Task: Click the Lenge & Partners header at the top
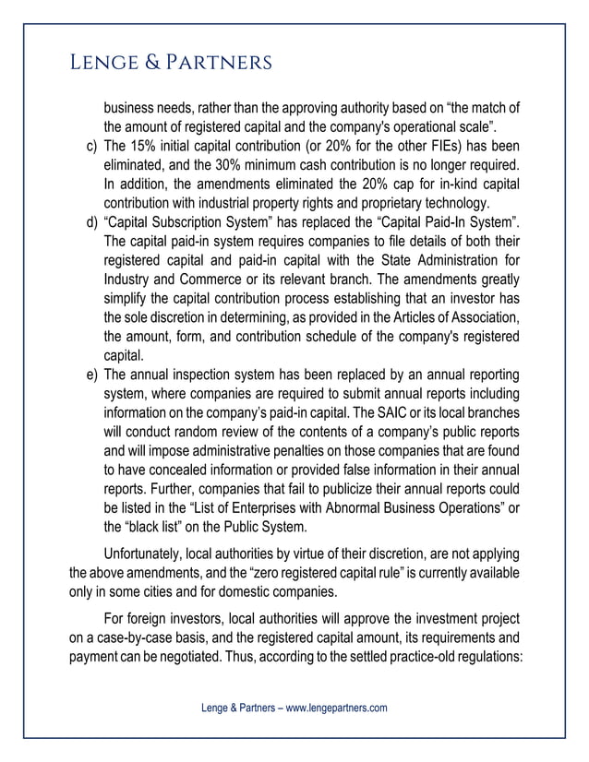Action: [171, 62]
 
